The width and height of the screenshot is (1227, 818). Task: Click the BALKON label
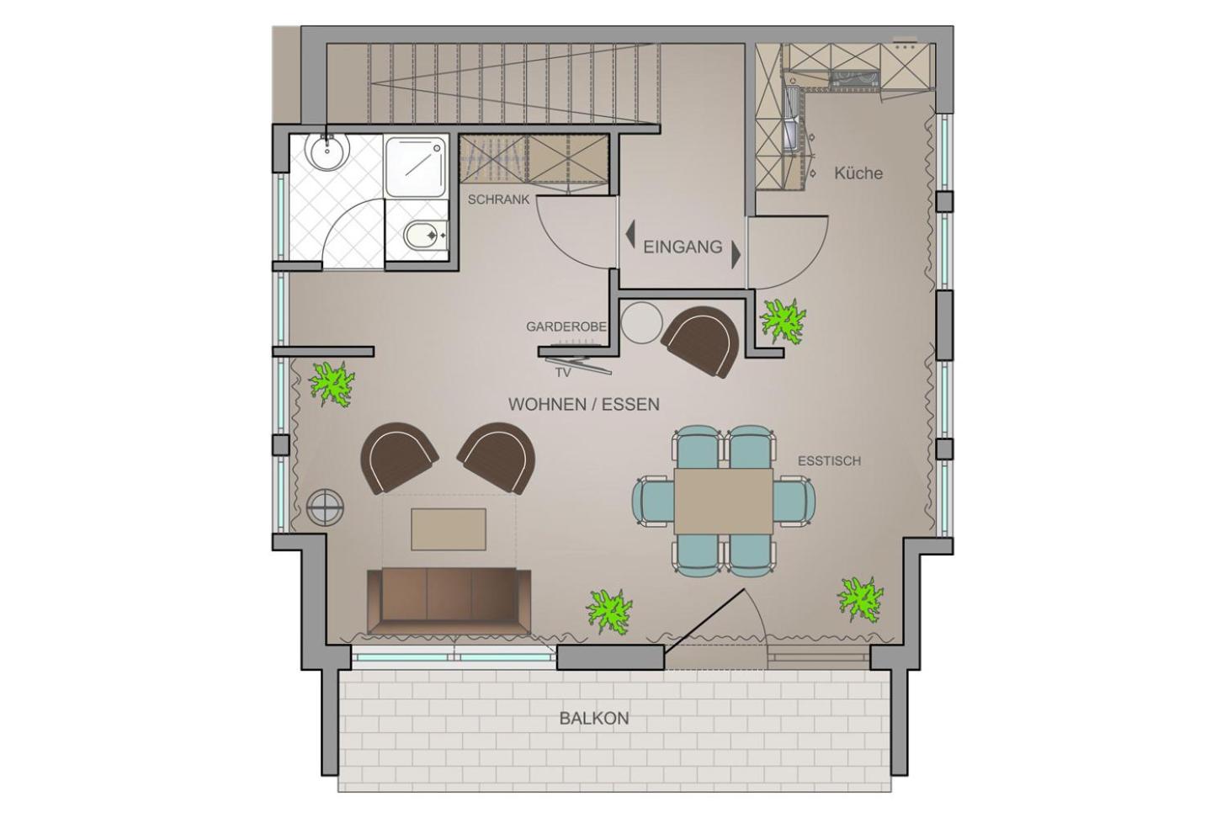pos(594,719)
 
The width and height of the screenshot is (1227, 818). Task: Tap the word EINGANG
pos(683,247)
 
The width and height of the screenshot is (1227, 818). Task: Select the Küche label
pos(858,173)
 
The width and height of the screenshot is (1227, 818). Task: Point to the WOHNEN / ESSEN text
pos(584,404)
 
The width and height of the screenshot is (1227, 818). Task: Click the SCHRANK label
pos(498,200)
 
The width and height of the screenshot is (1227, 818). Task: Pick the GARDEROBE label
pos(566,327)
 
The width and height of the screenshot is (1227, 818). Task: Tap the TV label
pos(563,373)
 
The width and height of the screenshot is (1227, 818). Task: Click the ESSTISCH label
pos(829,461)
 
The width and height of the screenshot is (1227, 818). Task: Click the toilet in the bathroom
pos(425,236)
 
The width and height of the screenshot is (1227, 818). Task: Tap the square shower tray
pos(414,167)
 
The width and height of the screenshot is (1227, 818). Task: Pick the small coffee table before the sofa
pos(449,529)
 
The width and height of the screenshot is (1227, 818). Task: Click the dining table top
pos(724,501)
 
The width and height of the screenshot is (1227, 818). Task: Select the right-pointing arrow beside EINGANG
pos(736,255)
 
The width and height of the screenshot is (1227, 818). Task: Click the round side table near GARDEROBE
pos(642,322)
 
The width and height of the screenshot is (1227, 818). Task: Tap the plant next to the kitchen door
pos(783,321)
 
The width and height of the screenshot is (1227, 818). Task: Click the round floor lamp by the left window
pos(326,507)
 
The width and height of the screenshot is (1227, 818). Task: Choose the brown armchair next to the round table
pos(700,341)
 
